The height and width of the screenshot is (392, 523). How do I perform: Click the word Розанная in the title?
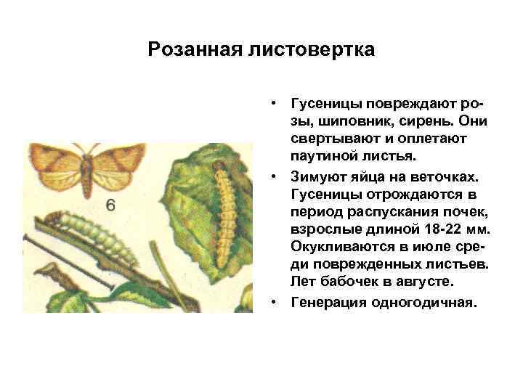click(x=189, y=50)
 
